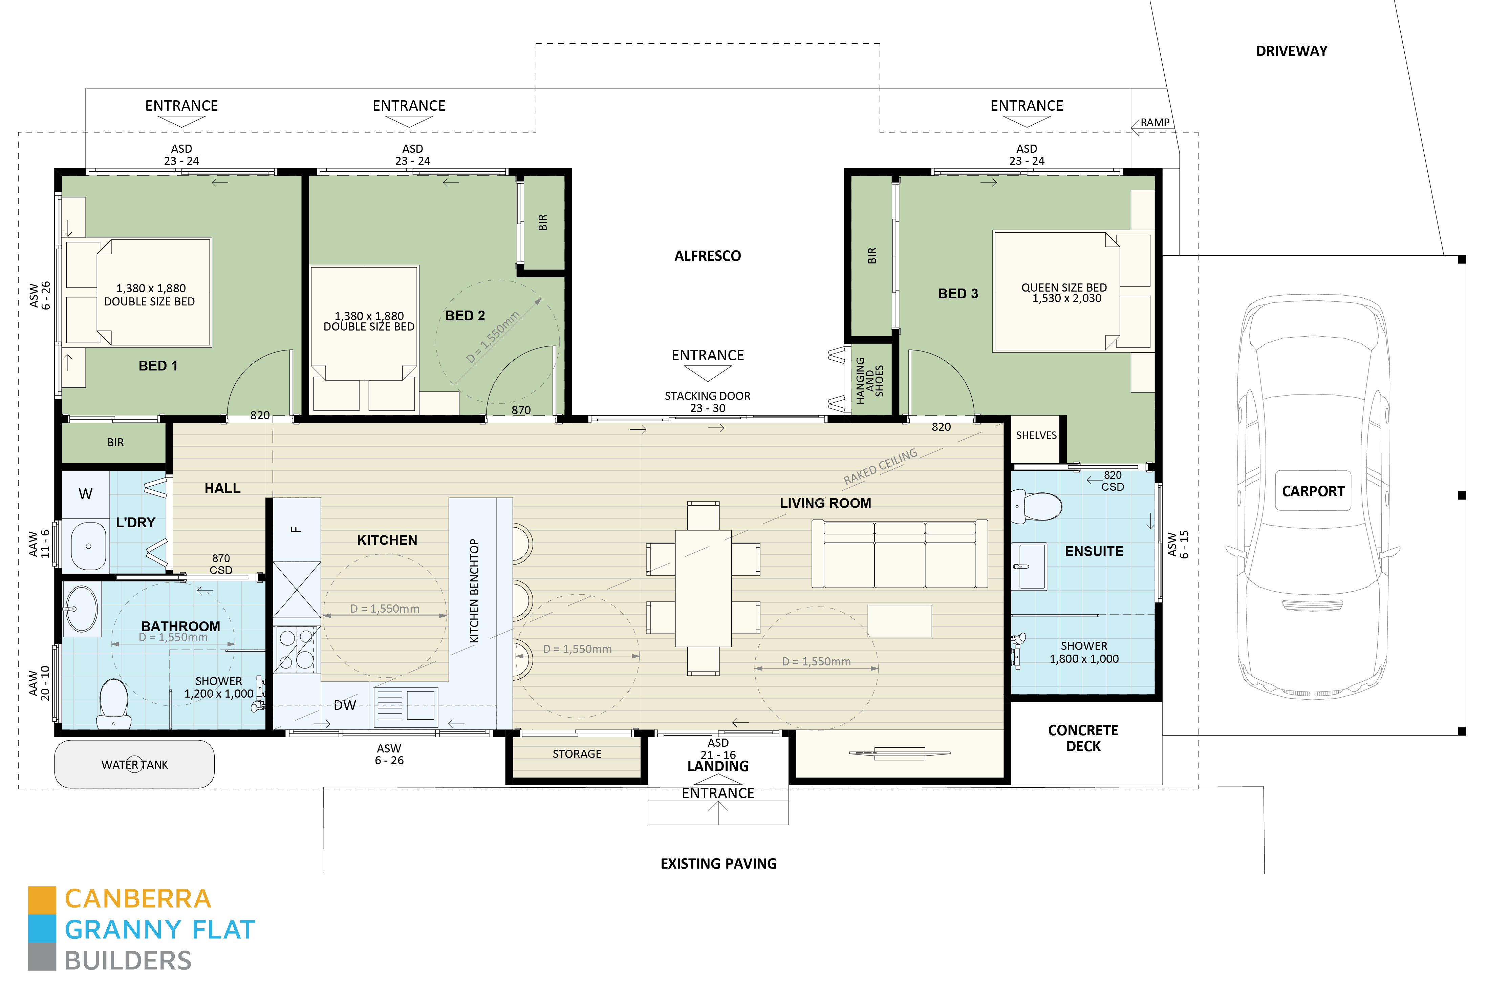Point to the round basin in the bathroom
[82, 609]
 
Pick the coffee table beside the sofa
[899, 620]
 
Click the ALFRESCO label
[708, 256]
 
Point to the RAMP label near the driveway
[1154, 122]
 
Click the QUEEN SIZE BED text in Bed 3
[1064, 288]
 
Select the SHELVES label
[1036, 435]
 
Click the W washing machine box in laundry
[85, 494]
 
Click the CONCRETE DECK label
[1083, 738]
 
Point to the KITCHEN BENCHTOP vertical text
[474, 591]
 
